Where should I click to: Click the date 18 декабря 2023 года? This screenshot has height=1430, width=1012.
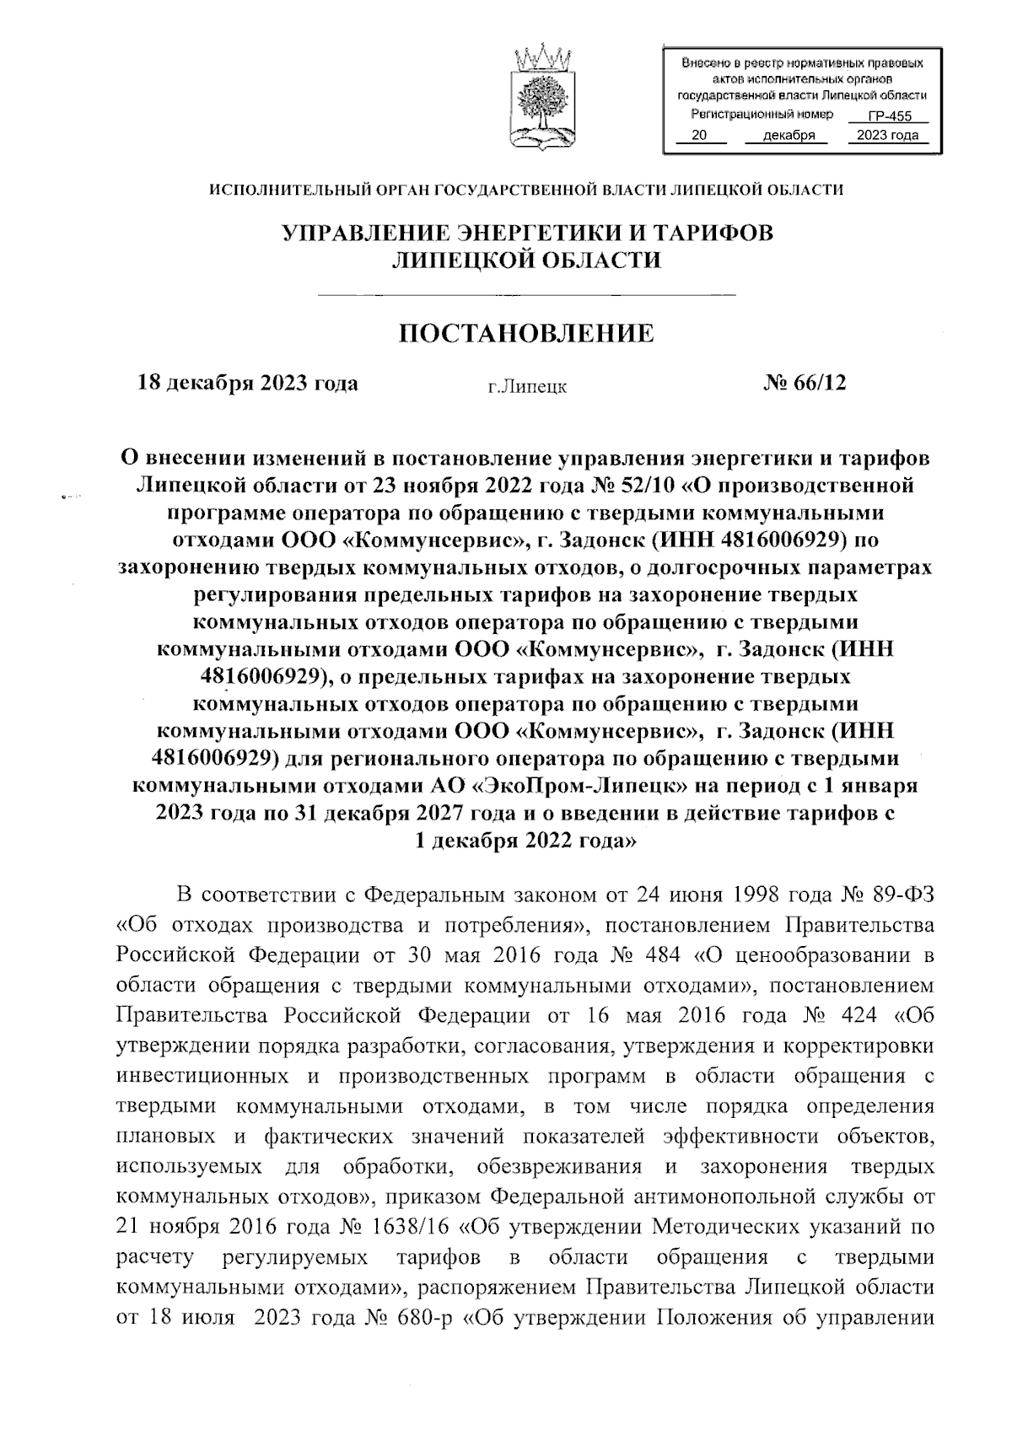(248, 384)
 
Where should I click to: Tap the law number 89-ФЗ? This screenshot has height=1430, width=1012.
(903, 893)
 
